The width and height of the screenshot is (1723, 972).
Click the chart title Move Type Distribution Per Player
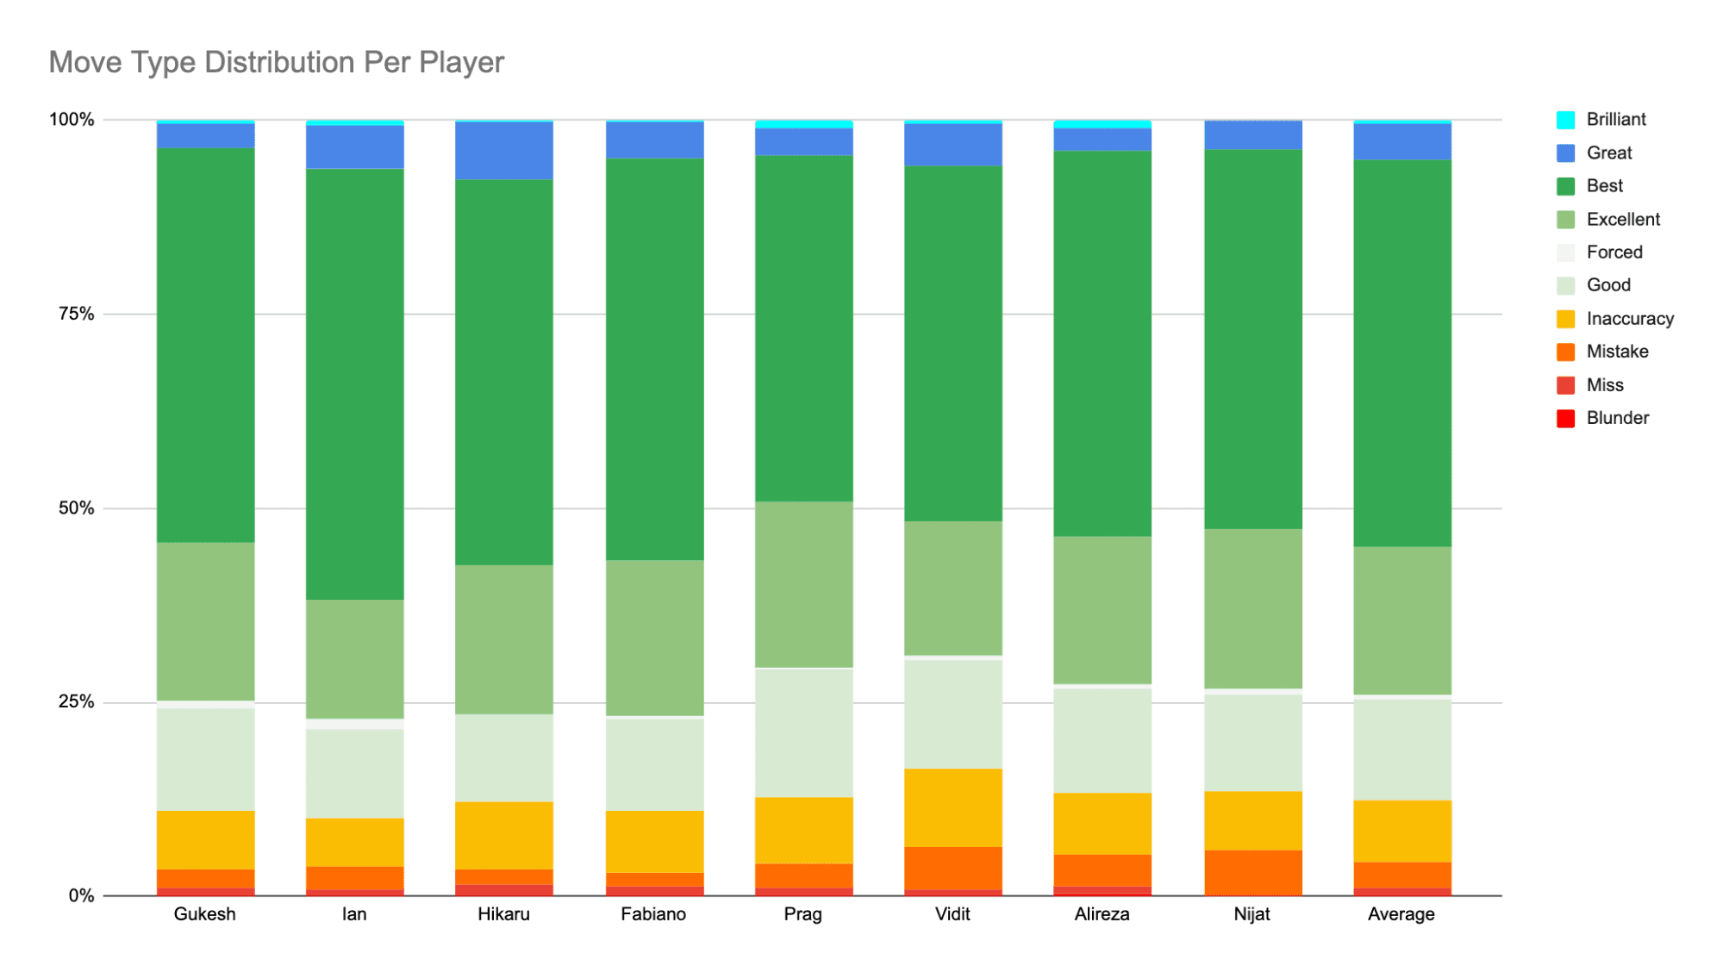click(x=276, y=62)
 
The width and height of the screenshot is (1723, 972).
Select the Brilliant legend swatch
click(x=1565, y=120)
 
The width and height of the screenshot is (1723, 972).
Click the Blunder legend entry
click(x=1602, y=418)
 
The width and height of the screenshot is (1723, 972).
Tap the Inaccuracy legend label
click(x=1630, y=319)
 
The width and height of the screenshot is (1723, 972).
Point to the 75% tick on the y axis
click(x=76, y=314)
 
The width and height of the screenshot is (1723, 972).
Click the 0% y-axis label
click(x=81, y=896)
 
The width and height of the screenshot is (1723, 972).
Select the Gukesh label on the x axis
click(x=204, y=914)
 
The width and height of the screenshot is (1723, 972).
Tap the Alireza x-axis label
click(x=1102, y=914)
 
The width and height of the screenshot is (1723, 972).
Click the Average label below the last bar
click(x=1401, y=914)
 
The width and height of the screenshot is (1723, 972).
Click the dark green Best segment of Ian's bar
click(x=355, y=384)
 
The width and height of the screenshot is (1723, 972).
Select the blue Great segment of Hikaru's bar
click(x=504, y=151)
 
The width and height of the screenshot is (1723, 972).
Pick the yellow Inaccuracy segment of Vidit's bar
click(x=953, y=807)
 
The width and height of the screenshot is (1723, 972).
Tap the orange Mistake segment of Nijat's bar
click(x=1252, y=873)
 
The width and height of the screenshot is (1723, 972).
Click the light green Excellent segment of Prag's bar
click(x=804, y=584)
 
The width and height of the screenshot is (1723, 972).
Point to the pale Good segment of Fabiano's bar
click(x=654, y=764)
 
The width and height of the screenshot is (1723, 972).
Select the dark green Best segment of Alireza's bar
click(x=1102, y=344)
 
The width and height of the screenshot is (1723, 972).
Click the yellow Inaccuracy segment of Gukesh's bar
click(x=205, y=840)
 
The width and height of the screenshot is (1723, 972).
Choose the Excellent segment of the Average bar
click(x=1402, y=620)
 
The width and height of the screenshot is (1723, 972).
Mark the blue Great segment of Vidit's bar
click(x=953, y=145)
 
